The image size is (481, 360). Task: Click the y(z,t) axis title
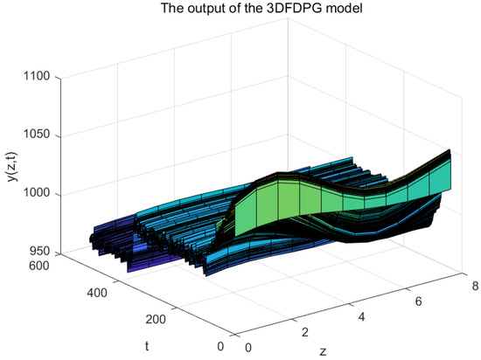click(13, 166)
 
